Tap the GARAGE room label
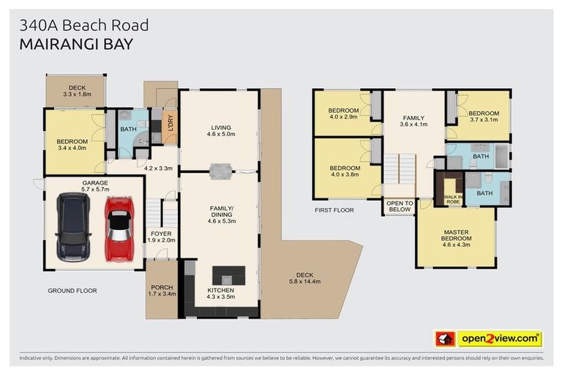coord(95,182)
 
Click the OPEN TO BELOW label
coord(400,205)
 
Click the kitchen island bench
coord(228,275)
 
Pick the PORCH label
coord(160,287)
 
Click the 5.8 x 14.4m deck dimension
coord(304,281)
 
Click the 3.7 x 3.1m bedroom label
coord(484,116)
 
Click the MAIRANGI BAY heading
coord(76,44)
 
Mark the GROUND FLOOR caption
coord(72,291)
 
